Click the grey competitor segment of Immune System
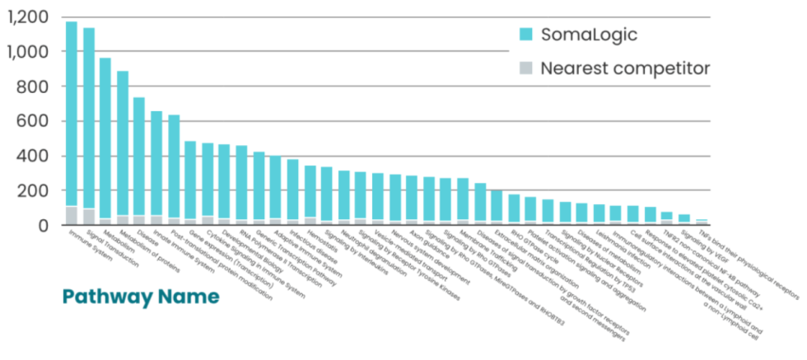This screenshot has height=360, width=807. pos(72,215)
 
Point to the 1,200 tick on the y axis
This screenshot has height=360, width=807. pos(27,17)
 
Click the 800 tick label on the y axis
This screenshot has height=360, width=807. pos(33,86)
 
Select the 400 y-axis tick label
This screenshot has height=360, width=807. pos(33,156)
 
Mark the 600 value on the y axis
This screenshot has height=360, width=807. pos(33,121)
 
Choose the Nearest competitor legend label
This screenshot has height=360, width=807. pos(624,68)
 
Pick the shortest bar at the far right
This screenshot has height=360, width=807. pos(702,222)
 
